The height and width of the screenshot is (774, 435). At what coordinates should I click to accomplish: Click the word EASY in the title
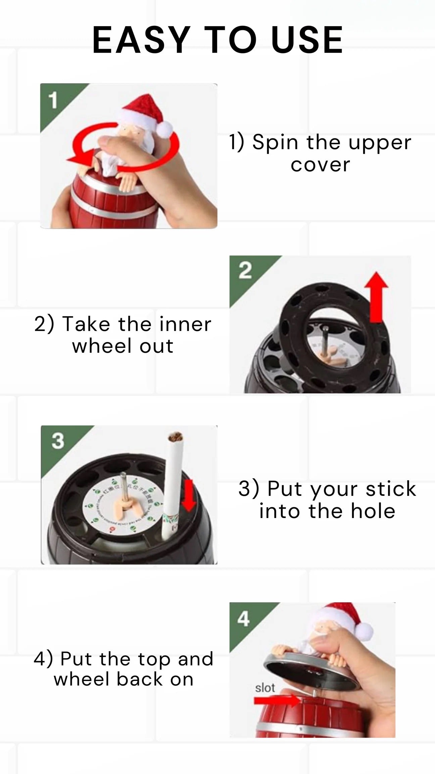(141, 40)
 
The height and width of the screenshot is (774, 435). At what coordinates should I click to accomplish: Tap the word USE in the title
(307, 40)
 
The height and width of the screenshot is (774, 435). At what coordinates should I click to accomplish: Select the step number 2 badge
(245, 271)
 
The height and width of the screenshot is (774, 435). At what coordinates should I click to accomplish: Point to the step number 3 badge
(58, 441)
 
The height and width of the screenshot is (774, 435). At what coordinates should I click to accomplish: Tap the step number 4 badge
(243, 619)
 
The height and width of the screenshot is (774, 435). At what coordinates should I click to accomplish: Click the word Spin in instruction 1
(275, 142)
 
